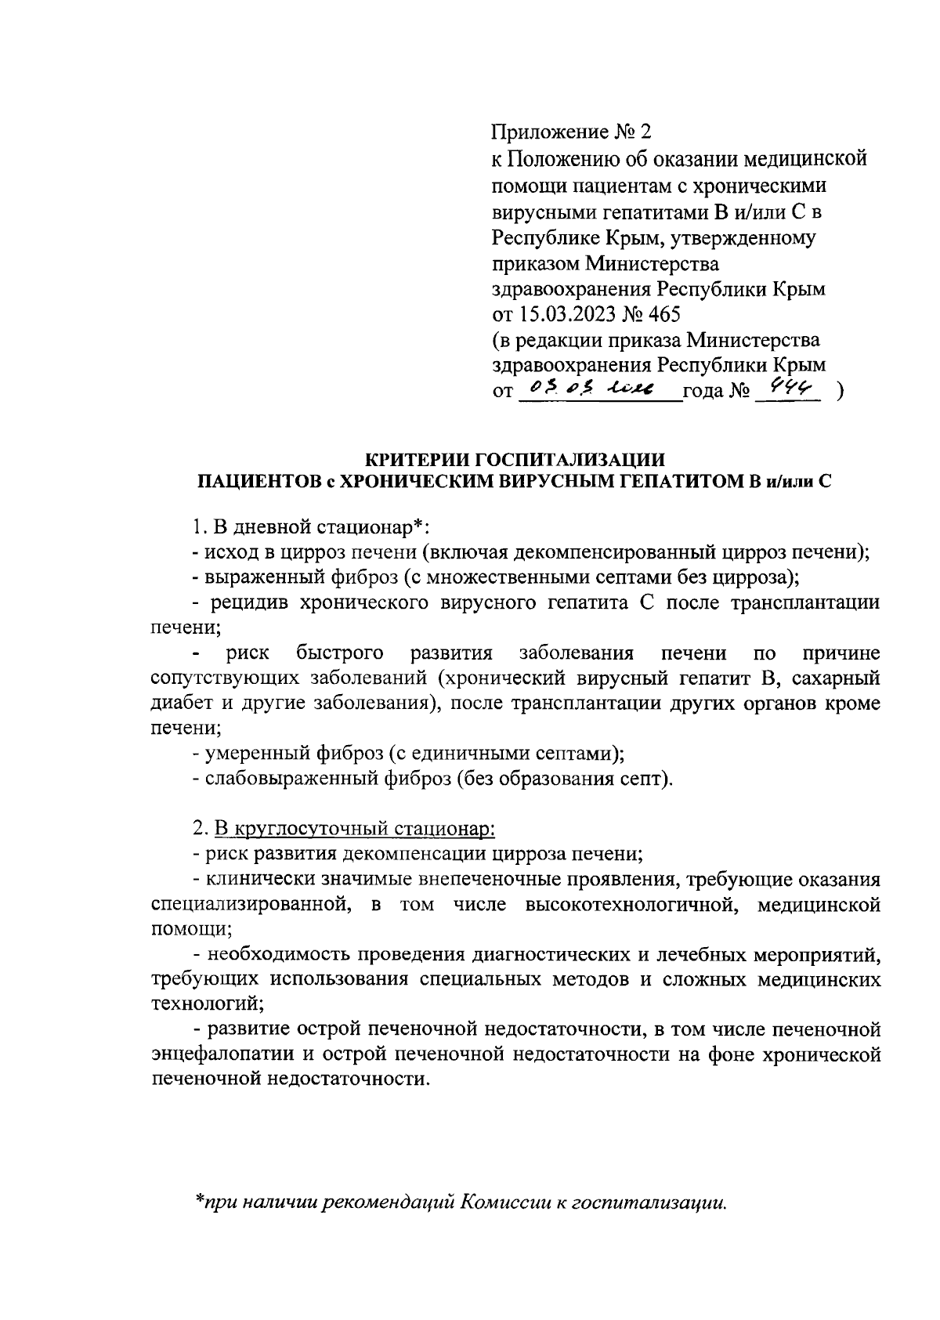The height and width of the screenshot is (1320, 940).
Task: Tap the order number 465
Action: pyautogui.click(x=663, y=314)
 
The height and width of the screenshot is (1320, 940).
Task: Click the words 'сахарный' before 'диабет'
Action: pyautogui.click(x=842, y=678)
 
